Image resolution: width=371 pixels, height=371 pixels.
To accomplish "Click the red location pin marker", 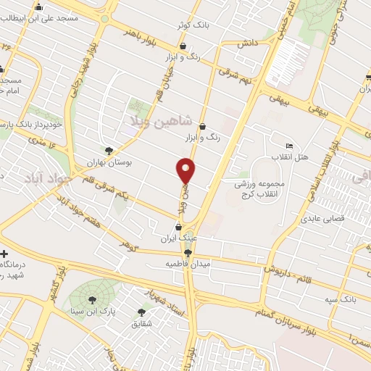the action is pos(186,170).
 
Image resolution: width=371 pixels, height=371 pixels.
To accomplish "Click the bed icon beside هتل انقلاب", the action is pos(290,146).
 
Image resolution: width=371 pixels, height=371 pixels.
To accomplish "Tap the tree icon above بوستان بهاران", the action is pos(109,151).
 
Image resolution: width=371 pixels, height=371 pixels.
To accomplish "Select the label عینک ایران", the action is pos(182,237).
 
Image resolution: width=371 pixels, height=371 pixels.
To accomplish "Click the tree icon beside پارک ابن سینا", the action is pos(92,299).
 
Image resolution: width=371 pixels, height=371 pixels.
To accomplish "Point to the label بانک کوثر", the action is pos(193,25).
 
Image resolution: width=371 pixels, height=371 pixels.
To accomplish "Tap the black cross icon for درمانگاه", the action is pos(5,255).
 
